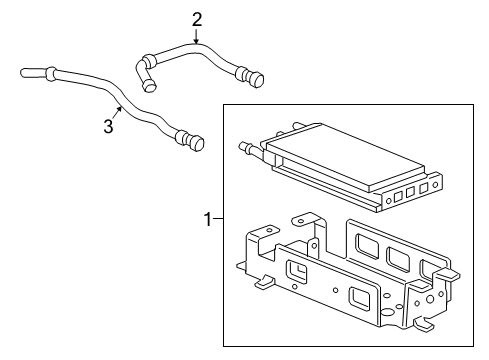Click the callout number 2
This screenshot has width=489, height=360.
[x=196, y=18]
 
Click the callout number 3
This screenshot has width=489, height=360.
[x=108, y=127]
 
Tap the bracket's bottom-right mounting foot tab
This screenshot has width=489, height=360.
[x=425, y=325]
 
